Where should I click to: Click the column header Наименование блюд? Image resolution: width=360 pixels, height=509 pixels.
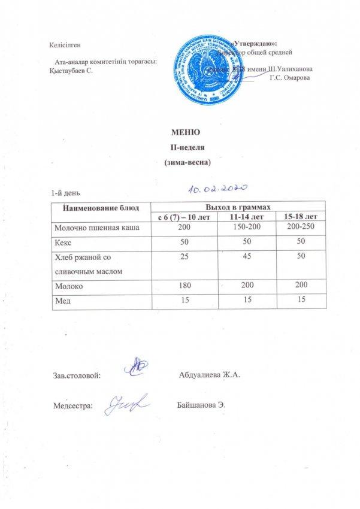(101, 207)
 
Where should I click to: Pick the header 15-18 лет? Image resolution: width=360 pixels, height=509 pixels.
(297, 216)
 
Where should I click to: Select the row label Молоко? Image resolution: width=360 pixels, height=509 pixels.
(69, 286)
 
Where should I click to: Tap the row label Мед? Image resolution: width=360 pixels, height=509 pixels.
(63, 301)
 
